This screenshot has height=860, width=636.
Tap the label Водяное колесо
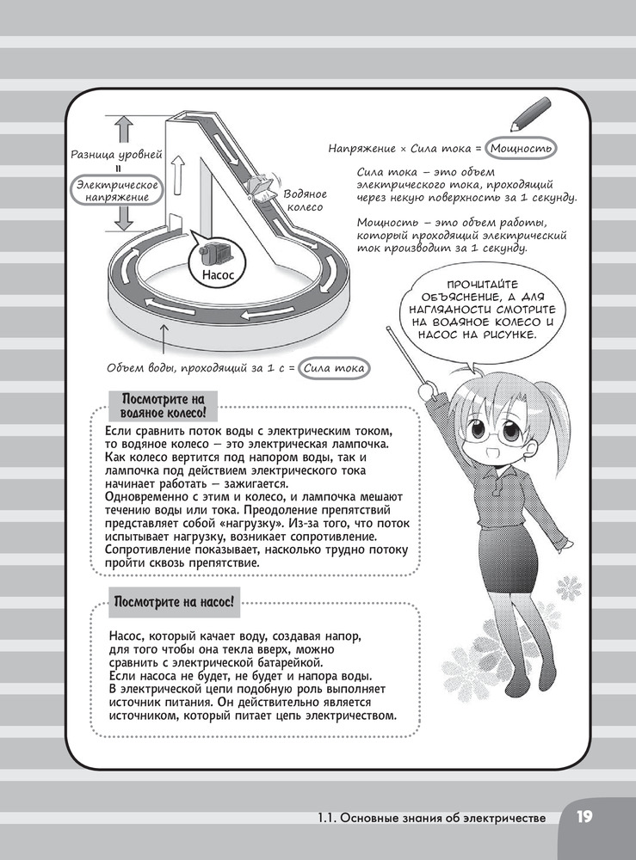pyautogui.click(x=304, y=201)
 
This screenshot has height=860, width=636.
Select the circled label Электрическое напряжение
pyautogui.click(x=116, y=191)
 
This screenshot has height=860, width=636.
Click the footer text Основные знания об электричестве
pyautogui.click(x=430, y=818)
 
